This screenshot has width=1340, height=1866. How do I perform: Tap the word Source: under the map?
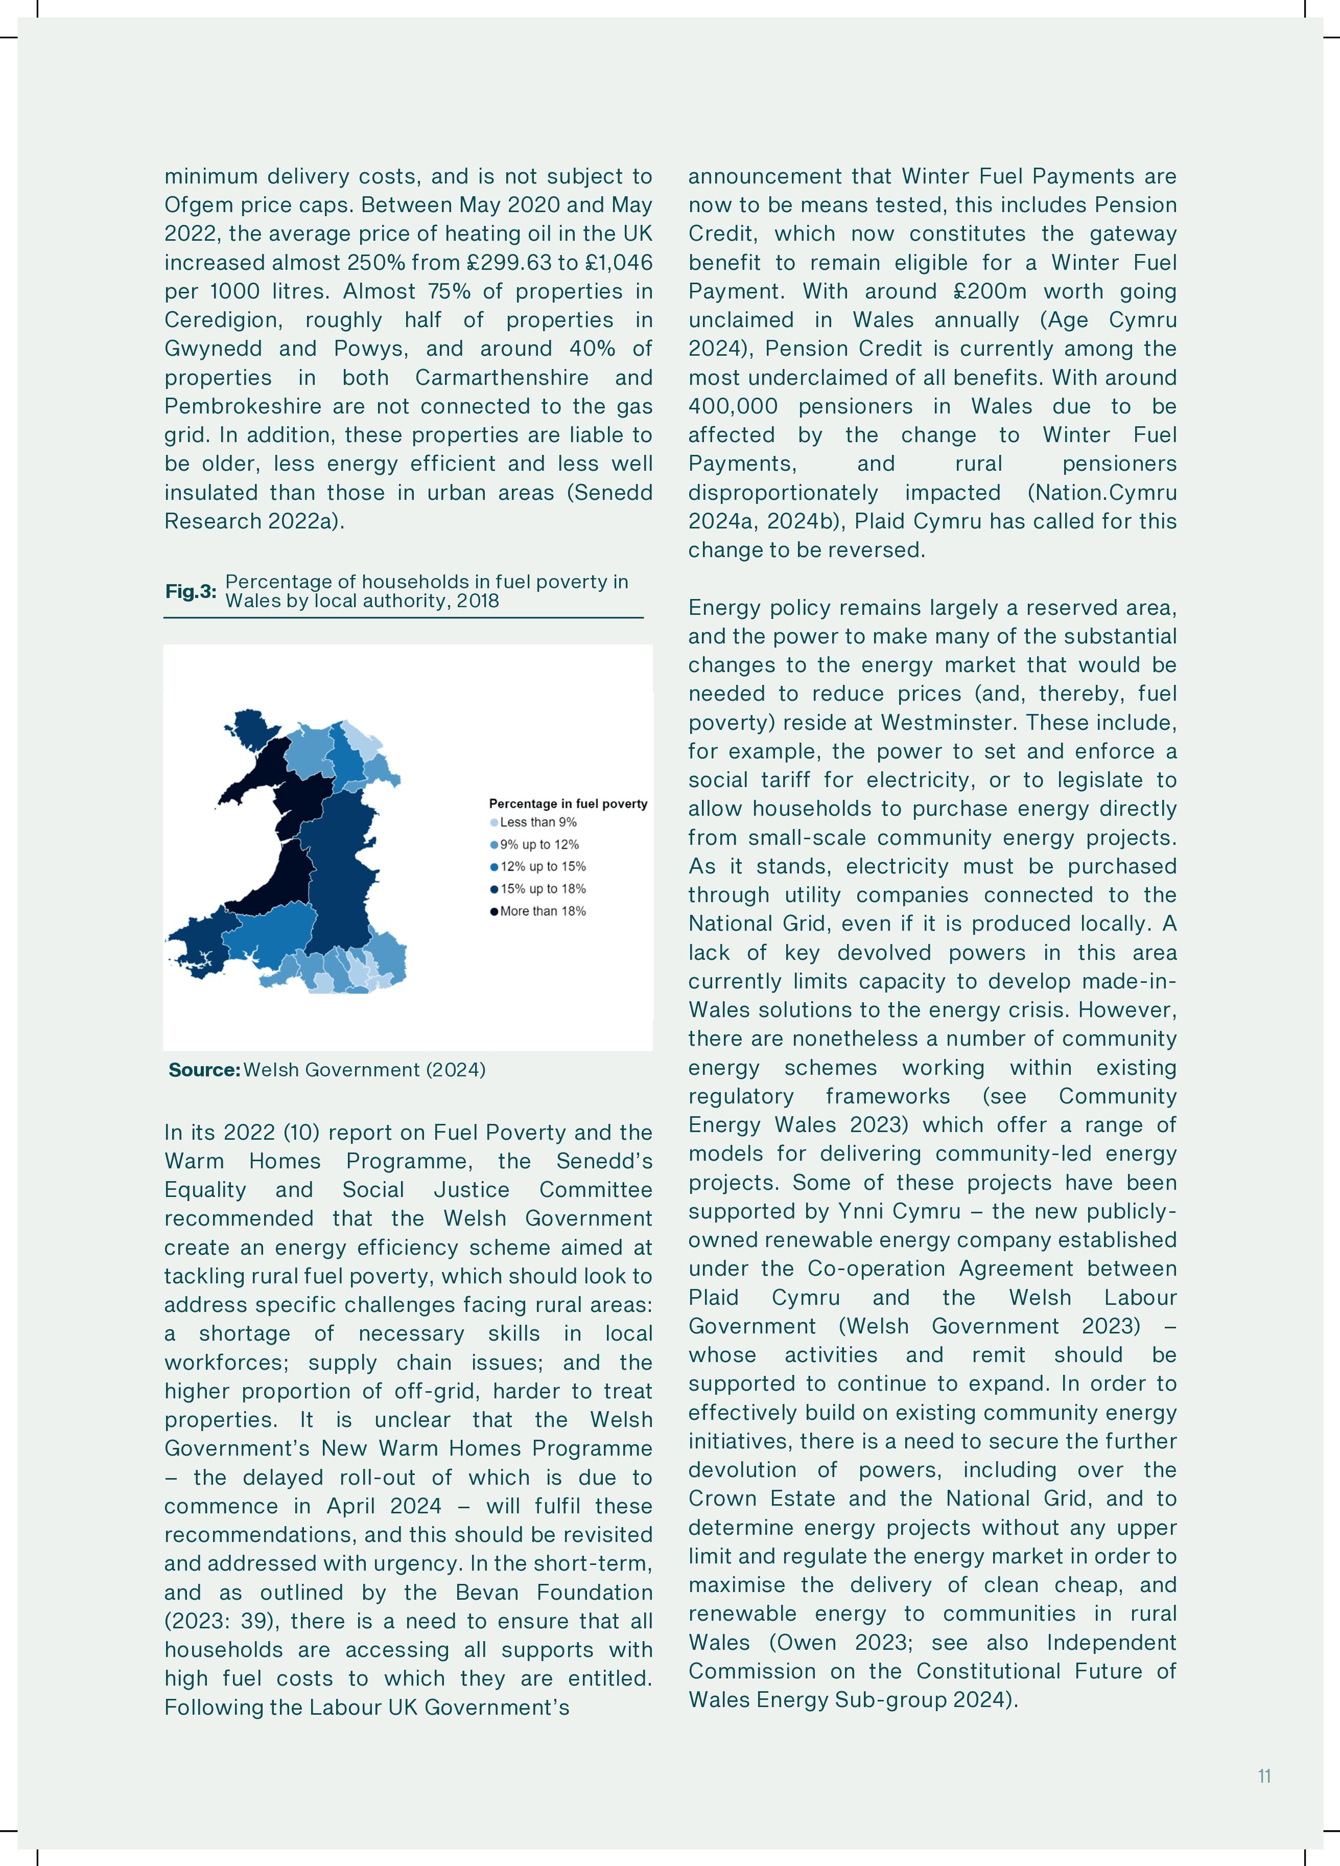pyautogui.click(x=204, y=1070)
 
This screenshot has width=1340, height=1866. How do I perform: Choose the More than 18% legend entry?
pyautogui.click(x=542, y=911)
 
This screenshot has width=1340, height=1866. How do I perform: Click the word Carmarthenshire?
pyautogui.click(x=501, y=378)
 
